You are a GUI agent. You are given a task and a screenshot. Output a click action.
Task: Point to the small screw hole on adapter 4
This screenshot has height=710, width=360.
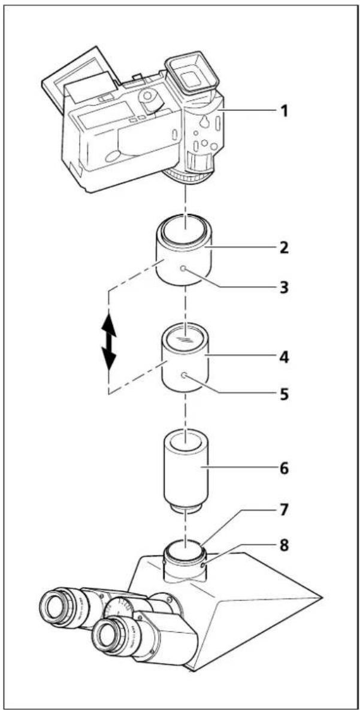[x=184, y=375]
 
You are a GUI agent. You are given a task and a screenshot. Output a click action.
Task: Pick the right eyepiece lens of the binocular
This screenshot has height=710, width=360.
[x=108, y=634]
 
